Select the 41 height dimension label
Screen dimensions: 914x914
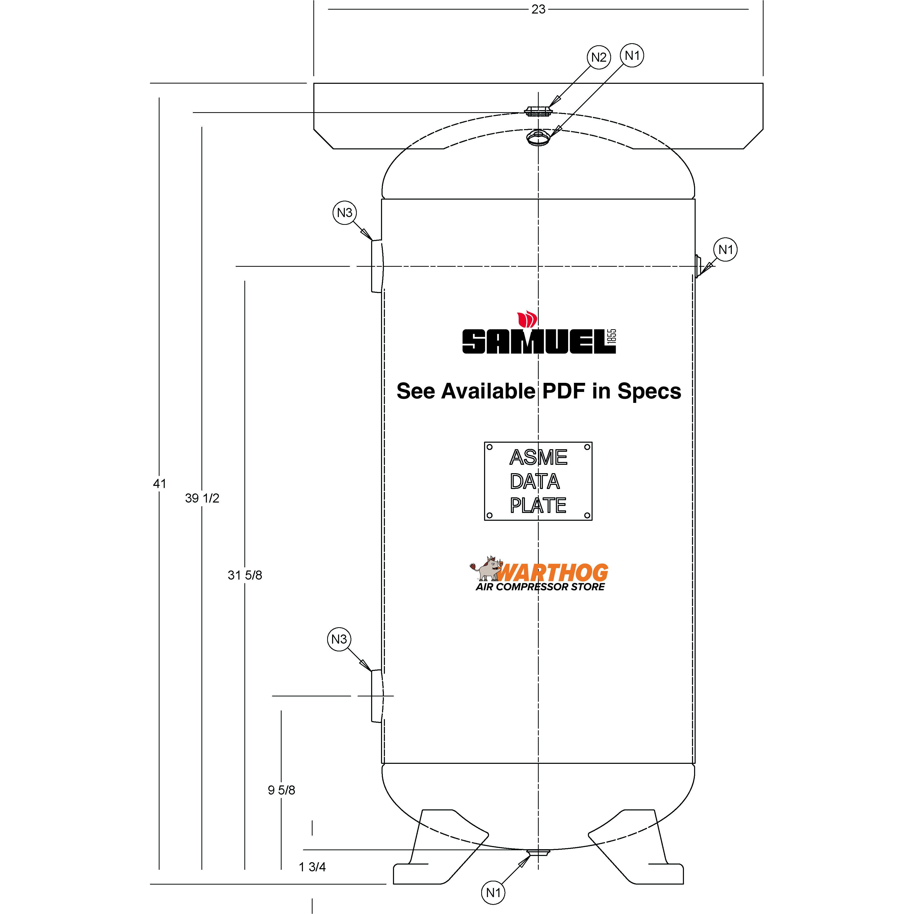point(160,484)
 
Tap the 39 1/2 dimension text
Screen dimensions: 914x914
point(202,498)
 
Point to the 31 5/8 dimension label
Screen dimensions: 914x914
point(245,575)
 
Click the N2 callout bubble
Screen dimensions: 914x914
point(599,57)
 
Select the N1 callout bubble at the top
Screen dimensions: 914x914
point(632,55)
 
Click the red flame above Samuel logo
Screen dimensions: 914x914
point(527,319)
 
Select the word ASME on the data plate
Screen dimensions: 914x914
point(538,458)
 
